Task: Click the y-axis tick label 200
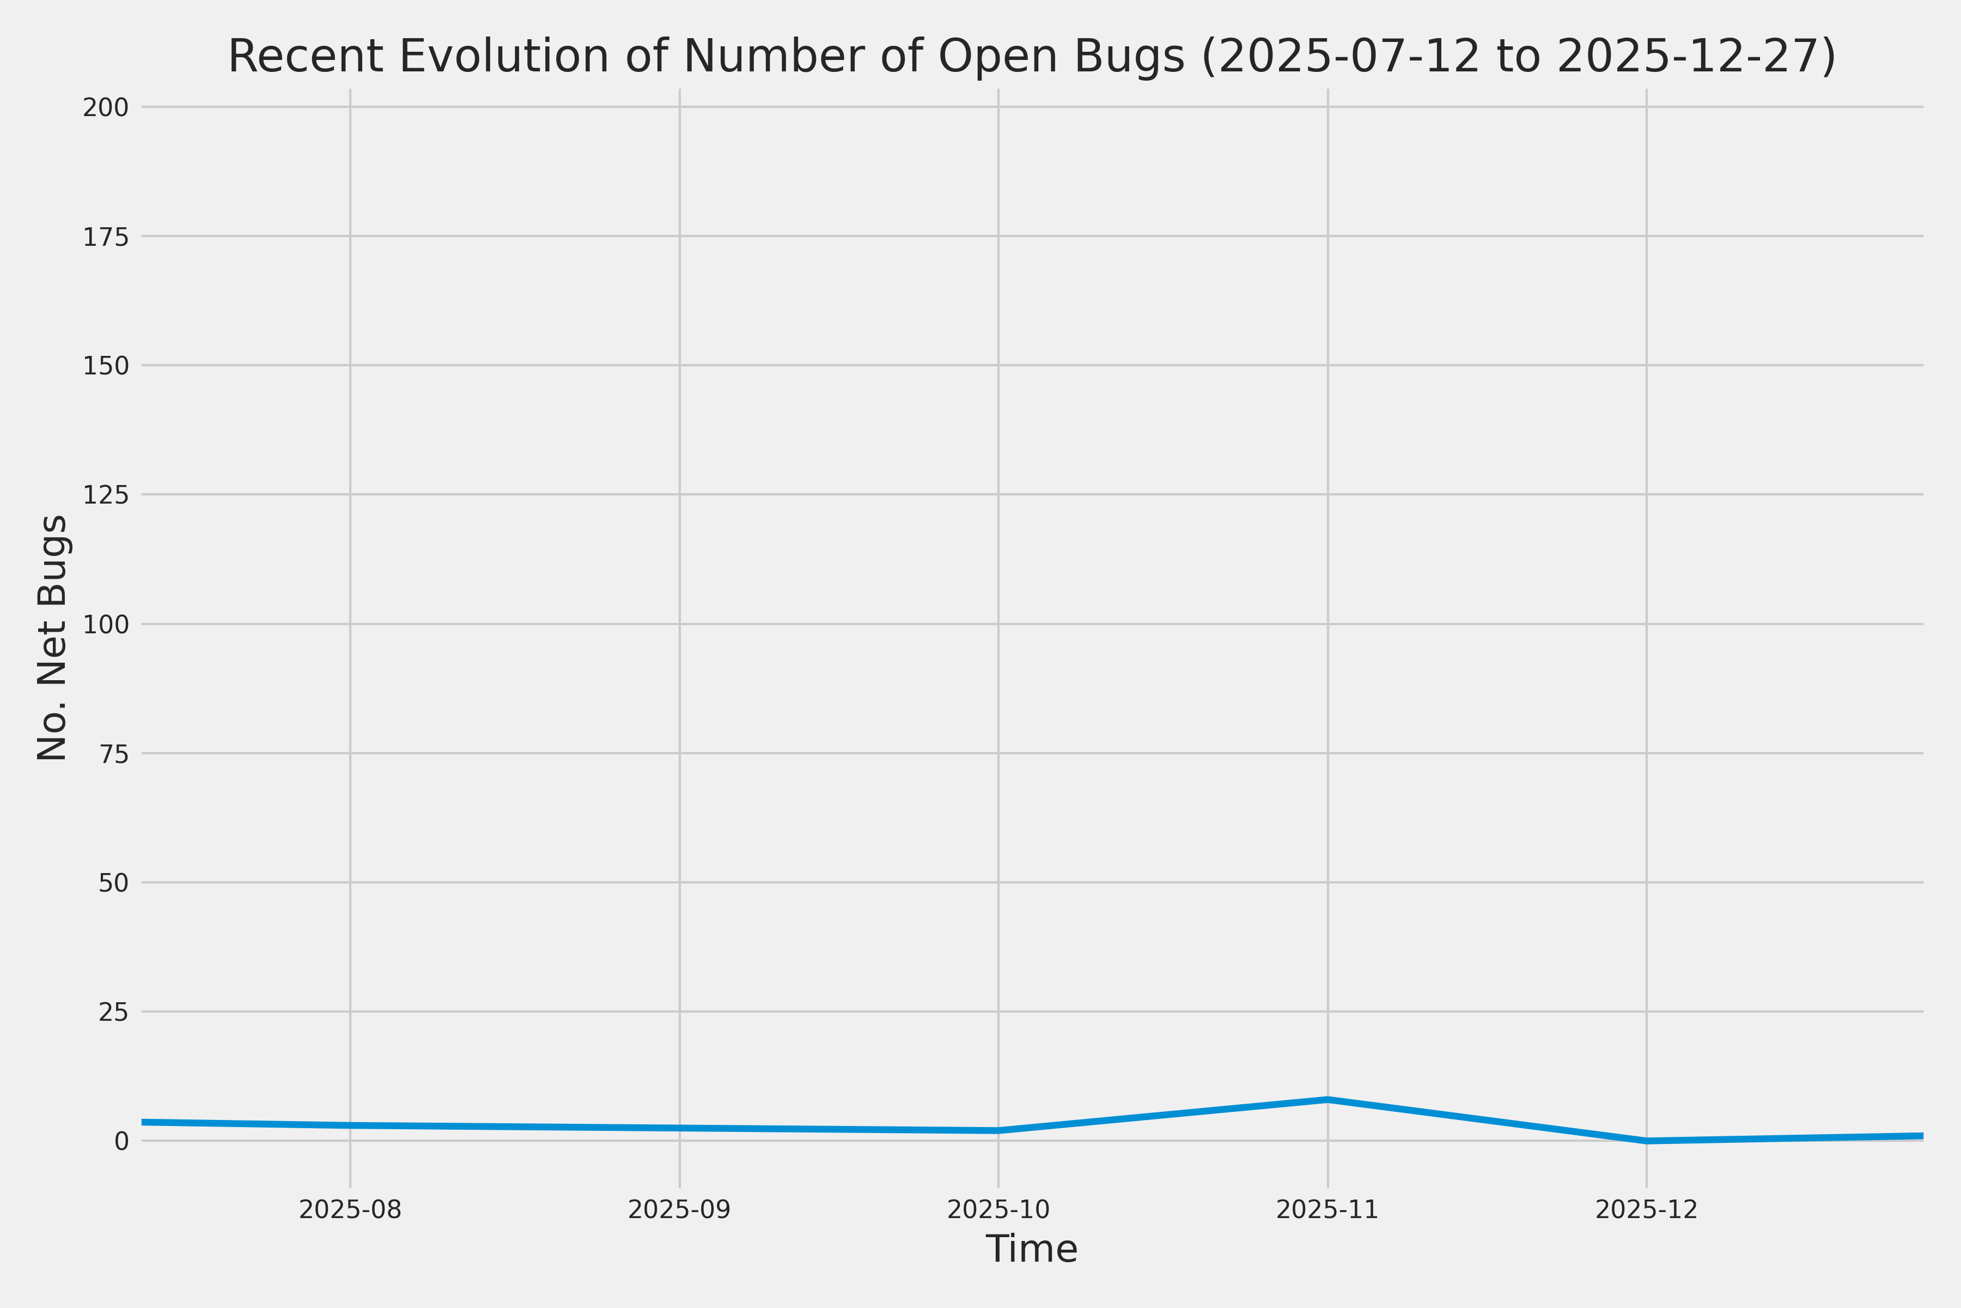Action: click(x=105, y=107)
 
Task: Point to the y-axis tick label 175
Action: click(x=105, y=238)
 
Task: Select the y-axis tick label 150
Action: click(x=105, y=366)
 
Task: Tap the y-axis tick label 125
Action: click(x=105, y=495)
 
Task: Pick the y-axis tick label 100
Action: click(x=105, y=625)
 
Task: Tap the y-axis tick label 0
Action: click(x=121, y=1142)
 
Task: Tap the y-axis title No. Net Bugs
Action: click(x=52, y=637)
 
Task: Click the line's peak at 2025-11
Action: click(x=1327, y=1099)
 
